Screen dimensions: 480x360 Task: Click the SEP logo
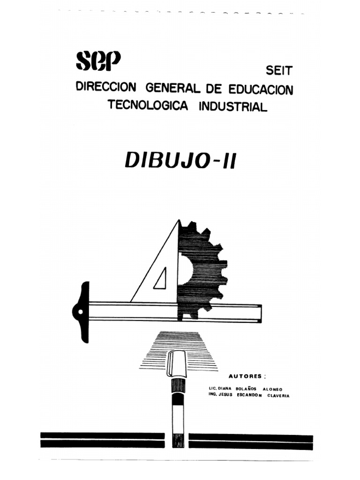point(98,61)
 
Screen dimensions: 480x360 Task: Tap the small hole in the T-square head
point(81,311)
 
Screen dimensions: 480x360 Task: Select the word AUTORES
point(244,376)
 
